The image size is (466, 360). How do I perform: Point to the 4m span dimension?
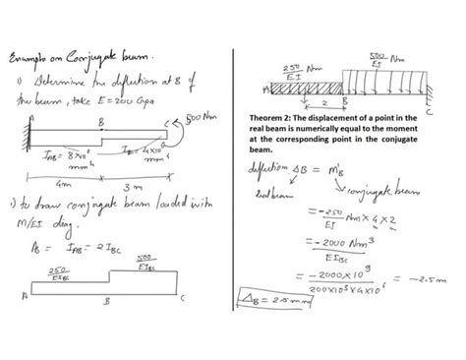[x=66, y=182]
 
